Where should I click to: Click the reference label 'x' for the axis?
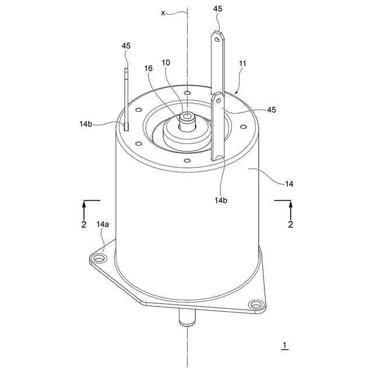(163, 13)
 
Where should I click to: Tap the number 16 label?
(148, 69)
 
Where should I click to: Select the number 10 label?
(166, 63)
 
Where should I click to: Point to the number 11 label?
(242, 64)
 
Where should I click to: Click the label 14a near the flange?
(103, 224)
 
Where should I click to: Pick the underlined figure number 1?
(285, 345)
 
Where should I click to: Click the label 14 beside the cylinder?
(289, 184)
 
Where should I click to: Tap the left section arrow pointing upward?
(84, 210)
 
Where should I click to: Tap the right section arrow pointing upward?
(290, 210)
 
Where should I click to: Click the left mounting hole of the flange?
(98, 258)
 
